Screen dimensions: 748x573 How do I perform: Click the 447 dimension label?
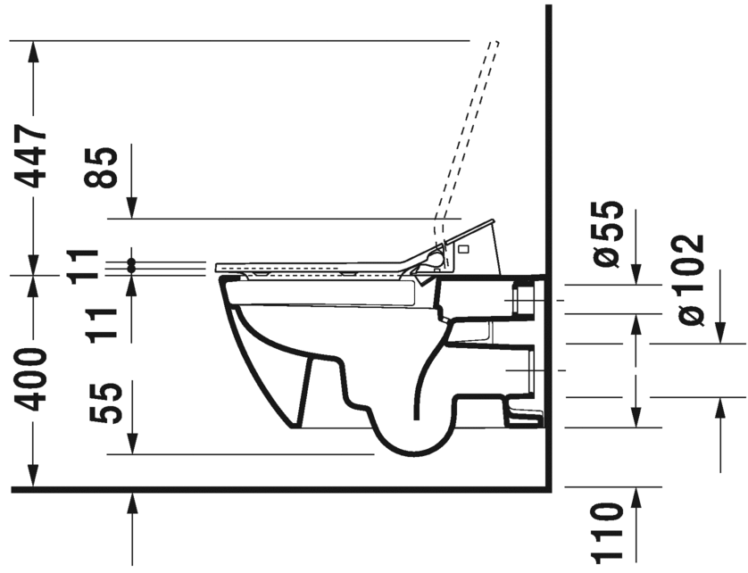coord(30,157)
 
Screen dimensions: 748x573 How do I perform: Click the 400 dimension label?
coord(30,380)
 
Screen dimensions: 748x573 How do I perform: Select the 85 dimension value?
coord(100,167)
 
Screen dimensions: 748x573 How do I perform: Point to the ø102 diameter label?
coord(690,280)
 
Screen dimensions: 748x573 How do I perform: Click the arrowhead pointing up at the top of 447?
coord(32,52)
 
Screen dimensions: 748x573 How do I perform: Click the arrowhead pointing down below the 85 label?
coord(132,208)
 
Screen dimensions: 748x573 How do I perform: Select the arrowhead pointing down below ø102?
coord(720,333)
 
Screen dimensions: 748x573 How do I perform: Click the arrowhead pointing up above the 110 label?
coord(636,498)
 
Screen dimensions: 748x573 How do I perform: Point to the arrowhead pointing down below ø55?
coord(636,274)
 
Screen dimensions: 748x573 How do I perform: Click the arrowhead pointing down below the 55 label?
coord(132,444)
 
